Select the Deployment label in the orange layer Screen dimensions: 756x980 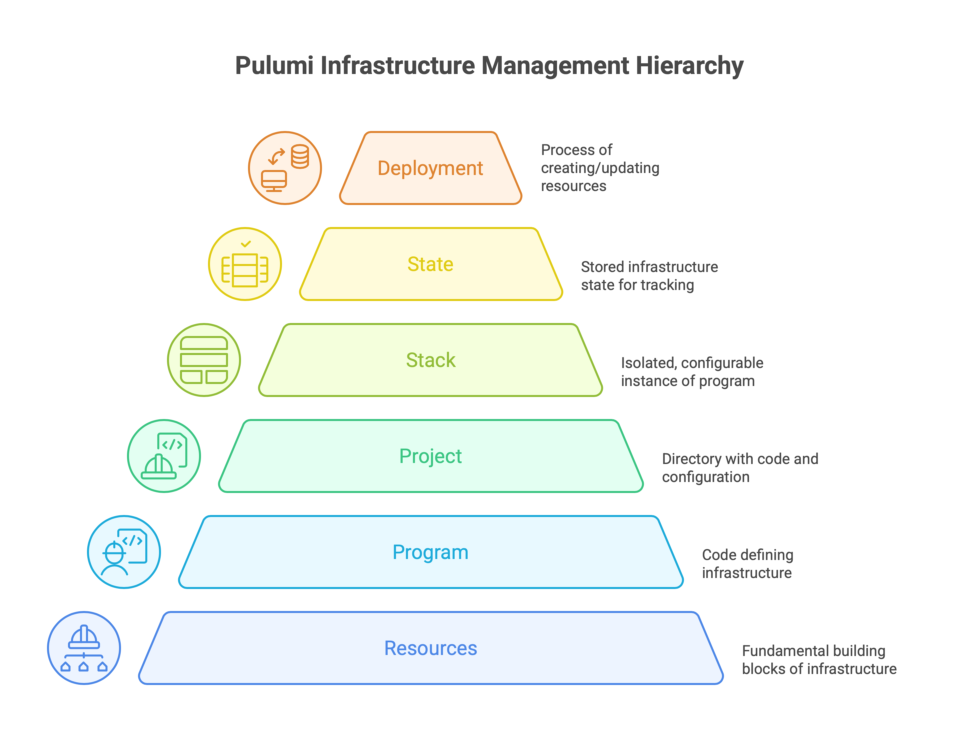click(430, 168)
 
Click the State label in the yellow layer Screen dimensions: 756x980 click(430, 264)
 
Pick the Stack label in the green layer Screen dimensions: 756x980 click(430, 360)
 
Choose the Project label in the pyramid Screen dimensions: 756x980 click(430, 456)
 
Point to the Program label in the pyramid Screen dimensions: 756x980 click(430, 552)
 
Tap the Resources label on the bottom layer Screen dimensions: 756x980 click(430, 648)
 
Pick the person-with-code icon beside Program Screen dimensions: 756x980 click(124, 552)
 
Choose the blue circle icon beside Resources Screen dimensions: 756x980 click(84, 648)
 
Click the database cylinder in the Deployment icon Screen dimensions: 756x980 click(299, 157)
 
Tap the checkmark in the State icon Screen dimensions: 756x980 click(245, 244)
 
